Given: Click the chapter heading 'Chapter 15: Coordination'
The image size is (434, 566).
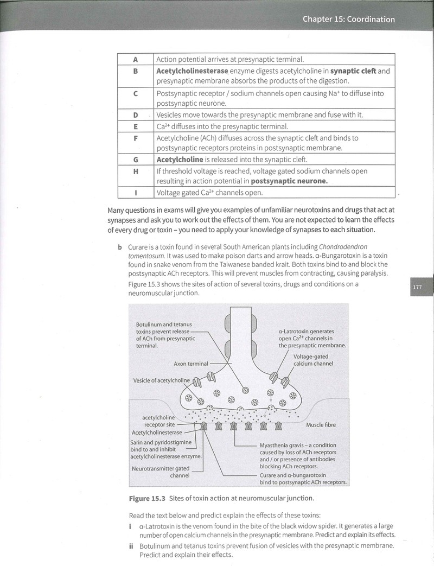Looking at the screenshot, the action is (x=348, y=19).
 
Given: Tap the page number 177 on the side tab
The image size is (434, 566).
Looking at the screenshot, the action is (x=417, y=287).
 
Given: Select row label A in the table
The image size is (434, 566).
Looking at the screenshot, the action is (x=136, y=59).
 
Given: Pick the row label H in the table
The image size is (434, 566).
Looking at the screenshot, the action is (x=136, y=171).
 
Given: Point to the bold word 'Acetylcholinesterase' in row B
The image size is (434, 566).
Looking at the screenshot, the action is (x=192, y=71).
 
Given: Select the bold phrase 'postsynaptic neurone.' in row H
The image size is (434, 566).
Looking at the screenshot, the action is (x=289, y=181).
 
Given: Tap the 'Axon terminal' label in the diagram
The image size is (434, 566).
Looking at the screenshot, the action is (x=191, y=364).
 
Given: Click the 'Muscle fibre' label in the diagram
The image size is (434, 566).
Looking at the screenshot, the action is (x=321, y=425).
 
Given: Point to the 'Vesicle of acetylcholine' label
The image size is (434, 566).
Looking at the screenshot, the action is (x=161, y=380).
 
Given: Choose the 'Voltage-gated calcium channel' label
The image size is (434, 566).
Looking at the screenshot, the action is (x=313, y=360).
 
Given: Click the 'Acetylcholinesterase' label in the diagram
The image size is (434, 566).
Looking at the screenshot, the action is (x=157, y=433).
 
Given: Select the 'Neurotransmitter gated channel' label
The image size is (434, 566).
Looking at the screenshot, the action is (x=161, y=472).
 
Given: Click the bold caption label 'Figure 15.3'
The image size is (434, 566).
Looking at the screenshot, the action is (x=147, y=499).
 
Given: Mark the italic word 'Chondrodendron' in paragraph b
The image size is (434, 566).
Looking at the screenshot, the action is (x=343, y=247).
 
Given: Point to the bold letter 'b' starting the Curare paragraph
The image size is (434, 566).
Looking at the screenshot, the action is (x=119, y=247).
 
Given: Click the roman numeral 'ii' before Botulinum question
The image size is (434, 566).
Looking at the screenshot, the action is (x=131, y=546).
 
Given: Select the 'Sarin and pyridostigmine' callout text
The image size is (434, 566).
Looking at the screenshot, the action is (x=161, y=442).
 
